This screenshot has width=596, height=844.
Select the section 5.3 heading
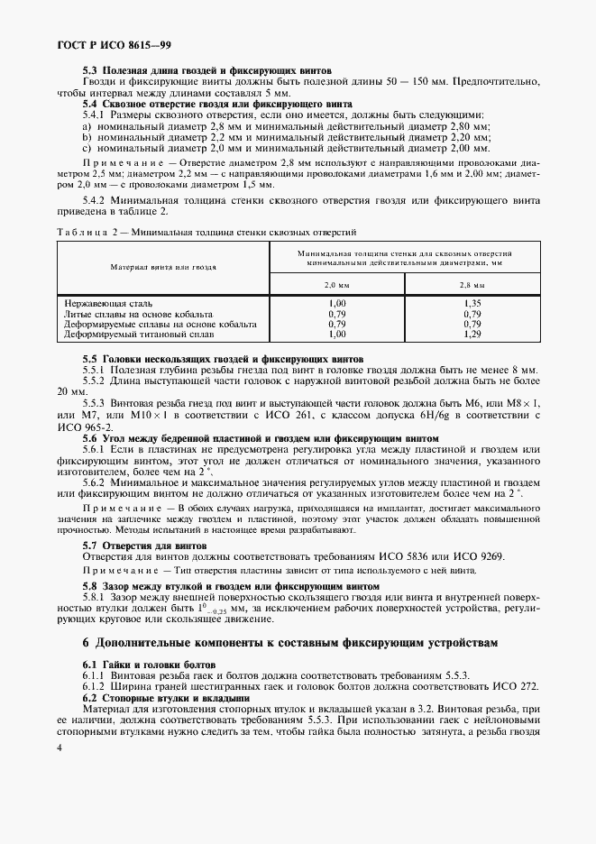(206, 70)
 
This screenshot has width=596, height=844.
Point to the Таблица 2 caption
(206, 233)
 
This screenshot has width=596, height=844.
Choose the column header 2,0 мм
(336, 285)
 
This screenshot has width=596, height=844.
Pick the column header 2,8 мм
(472, 285)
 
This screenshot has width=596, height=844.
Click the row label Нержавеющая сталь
(108, 305)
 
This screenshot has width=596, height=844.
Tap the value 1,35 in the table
(472, 305)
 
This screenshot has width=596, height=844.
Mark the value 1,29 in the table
(472, 333)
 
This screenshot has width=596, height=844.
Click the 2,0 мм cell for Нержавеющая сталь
(337, 305)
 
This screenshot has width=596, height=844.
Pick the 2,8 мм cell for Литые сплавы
(472, 314)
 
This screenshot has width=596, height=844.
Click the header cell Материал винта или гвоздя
(163, 268)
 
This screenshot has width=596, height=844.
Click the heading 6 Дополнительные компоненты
(296, 643)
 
